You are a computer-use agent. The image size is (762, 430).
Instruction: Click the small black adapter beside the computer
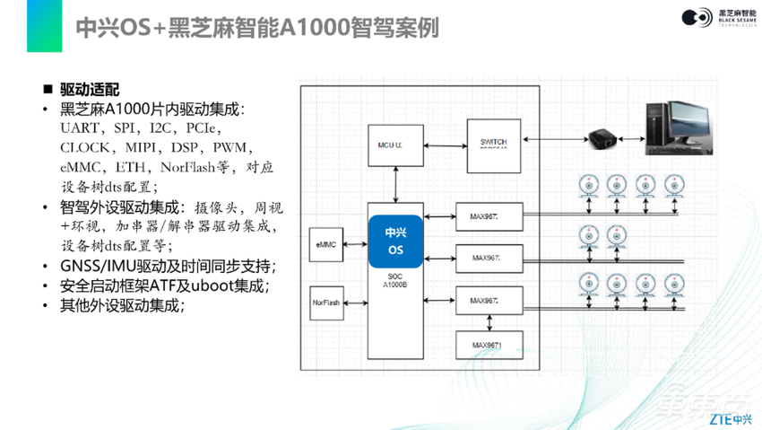(x=600, y=139)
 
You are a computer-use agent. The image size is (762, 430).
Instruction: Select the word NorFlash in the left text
(x=190, y=167)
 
